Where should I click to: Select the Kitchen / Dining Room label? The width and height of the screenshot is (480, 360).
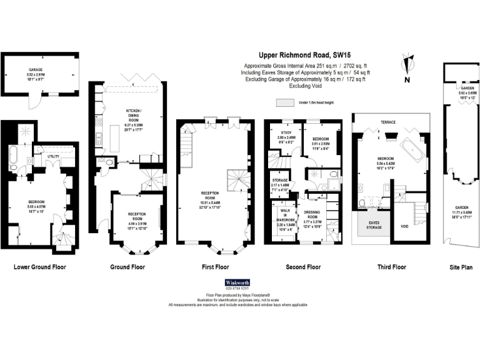click(x=133, y=112)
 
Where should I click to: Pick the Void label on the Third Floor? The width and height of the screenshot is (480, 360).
click(x=404, y=226)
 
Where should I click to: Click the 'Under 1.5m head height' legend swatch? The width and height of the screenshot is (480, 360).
click(x=285, y=102)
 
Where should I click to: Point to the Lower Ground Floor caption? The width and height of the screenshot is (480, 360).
click(x=40, y=267)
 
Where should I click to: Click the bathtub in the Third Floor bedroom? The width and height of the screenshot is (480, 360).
click(x=412, y=149)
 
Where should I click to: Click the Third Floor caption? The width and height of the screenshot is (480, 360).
click(x=392, y=267)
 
